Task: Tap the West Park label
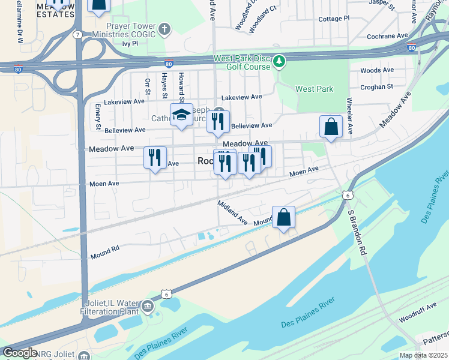coord(314,89)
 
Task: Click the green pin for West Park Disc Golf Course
coord(279,61)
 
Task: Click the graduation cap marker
coord(181,115)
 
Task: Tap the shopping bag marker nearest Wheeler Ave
coord(331,127)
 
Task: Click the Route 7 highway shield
coord(78,35)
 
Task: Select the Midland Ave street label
coord(233,212)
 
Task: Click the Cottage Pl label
coord(334,19)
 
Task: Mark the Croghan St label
coord(376,86)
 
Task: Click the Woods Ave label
coord(376,70)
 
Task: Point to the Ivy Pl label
coord(130,44)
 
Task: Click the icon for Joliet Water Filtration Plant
coord(147,308)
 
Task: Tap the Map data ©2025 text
coord(423,355)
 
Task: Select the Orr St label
coord(146,86)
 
